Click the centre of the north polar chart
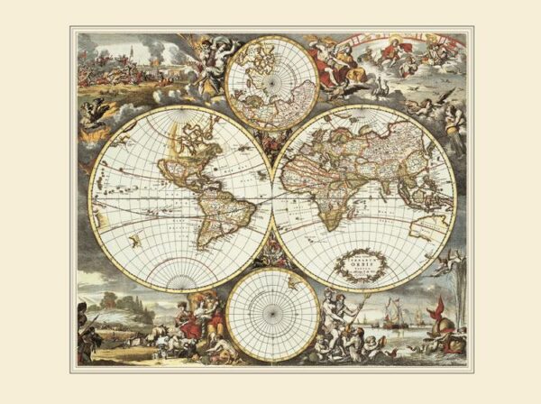tap(270, 80)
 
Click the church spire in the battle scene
tap(132, 50)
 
